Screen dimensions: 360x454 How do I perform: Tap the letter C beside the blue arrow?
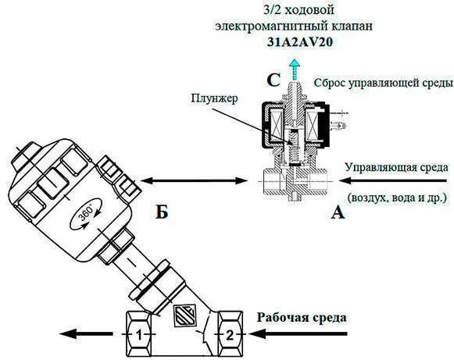(273, 79)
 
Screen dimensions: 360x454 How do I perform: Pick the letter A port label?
(338, 211)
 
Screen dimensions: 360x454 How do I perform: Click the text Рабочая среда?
(301, 317)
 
